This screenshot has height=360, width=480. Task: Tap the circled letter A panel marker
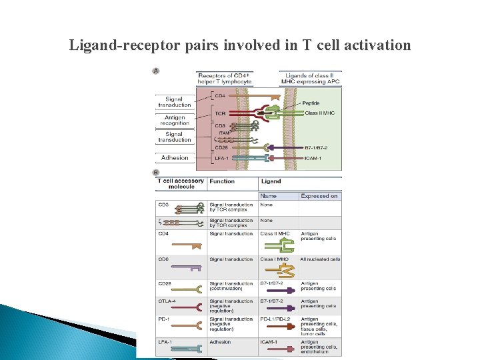coord(156,71)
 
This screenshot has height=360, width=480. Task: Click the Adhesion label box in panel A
coord(175,158)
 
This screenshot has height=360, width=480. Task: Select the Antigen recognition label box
coord(175,120)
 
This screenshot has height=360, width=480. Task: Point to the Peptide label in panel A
coord(311,103)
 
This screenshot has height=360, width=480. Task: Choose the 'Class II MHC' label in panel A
coord(319,113)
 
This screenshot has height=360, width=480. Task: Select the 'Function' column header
coord(222,181)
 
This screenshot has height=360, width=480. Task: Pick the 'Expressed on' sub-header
coord(319,196)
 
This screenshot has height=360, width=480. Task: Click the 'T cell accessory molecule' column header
coord(181,184)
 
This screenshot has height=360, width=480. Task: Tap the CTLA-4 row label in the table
coord(167,301)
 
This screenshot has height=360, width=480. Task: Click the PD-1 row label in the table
coord(163,319)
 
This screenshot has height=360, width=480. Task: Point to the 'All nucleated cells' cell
coord(320,259)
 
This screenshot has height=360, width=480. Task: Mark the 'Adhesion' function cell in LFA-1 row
coord(220,342)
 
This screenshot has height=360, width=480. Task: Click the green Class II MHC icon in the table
coord(273,246)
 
